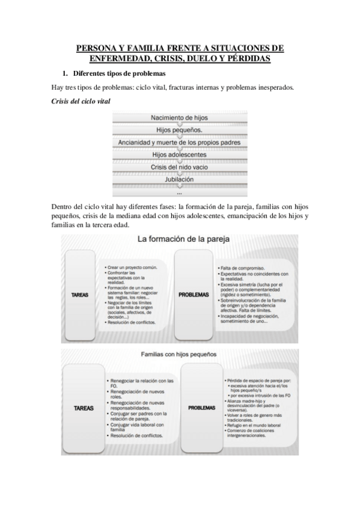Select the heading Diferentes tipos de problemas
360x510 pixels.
click(119, 74)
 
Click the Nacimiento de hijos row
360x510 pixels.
click(180, 118)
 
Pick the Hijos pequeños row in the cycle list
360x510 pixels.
click(180, 130)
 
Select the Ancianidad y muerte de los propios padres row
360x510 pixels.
click(180, 143)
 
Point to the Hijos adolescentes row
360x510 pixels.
click(180, 155)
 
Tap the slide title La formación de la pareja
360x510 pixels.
click(179, 239)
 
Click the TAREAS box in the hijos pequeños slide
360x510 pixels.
click(83, 407)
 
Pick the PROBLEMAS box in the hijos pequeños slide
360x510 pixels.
click(201, 407)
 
